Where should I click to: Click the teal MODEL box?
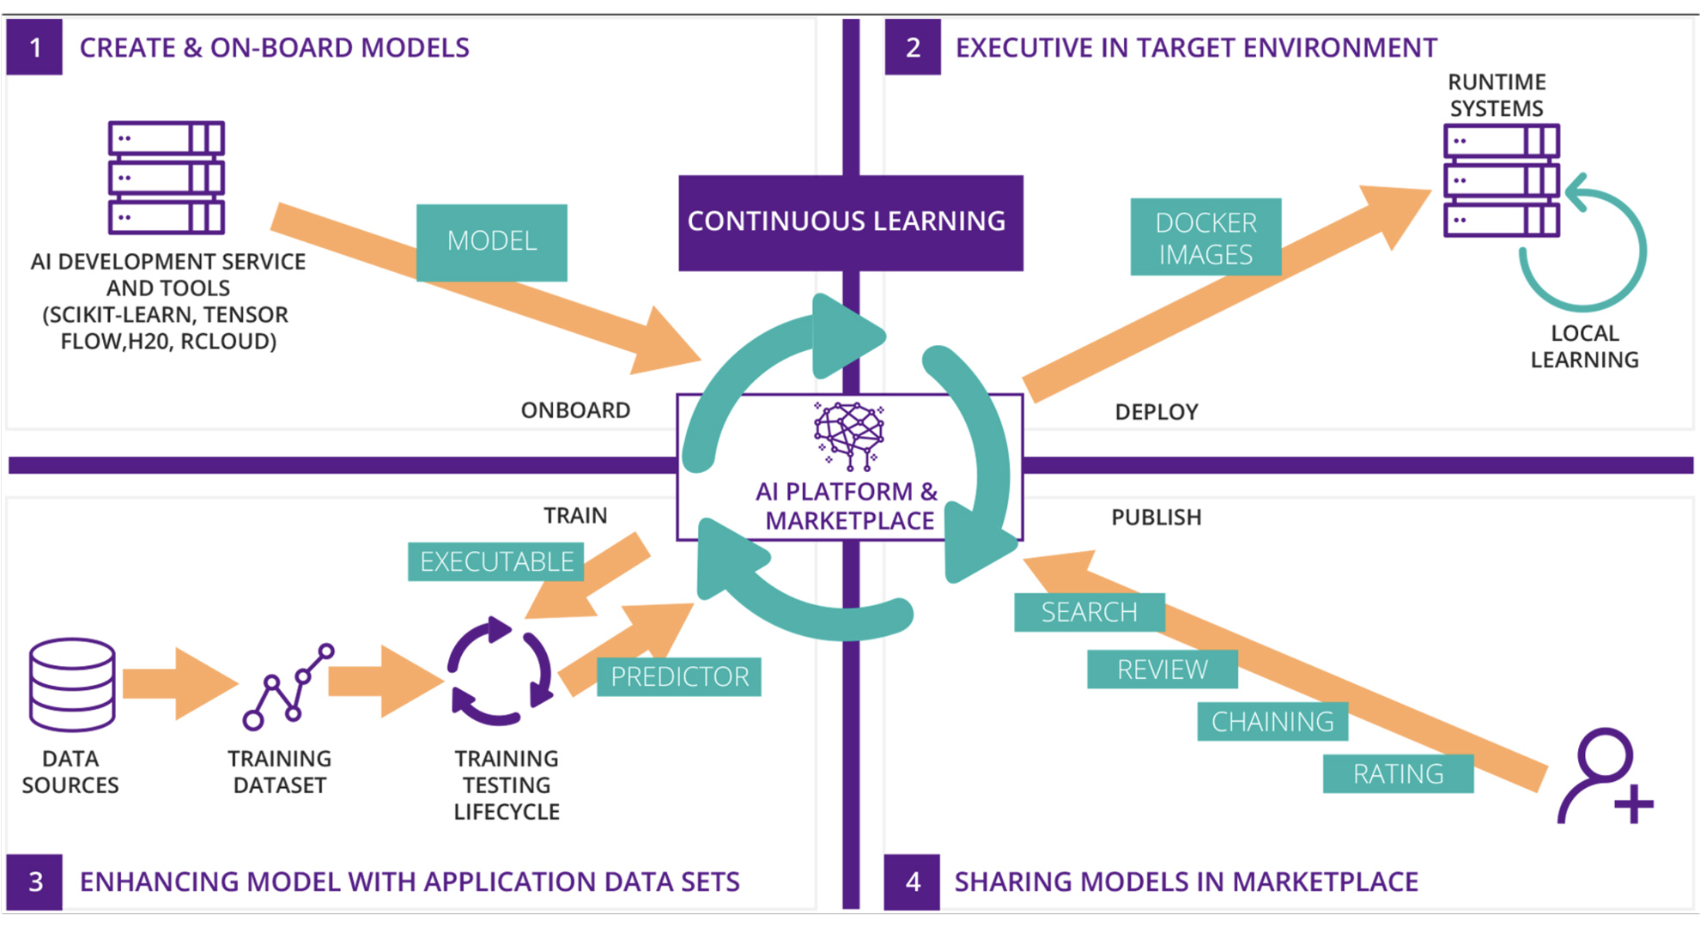[491, 241]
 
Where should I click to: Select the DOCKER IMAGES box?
[1205, 238]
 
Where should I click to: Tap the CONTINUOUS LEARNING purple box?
[849, 222]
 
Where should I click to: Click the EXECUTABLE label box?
[495, 561]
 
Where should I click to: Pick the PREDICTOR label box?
[678, 676]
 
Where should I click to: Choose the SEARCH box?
[1089, 612]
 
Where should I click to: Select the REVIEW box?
[1162, 669]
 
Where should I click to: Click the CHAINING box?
[1272, 722]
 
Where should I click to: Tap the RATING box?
[1397, 774]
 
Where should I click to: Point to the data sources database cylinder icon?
[72, 684]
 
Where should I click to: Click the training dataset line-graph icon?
[288, 687]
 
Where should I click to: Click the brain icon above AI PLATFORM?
[849, 434]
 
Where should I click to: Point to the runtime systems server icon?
[1501, 180]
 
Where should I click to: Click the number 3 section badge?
[34, 882]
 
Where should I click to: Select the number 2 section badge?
[913, 47]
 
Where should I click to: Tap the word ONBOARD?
[575, 410]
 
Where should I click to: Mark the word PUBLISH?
[1156, 518]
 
